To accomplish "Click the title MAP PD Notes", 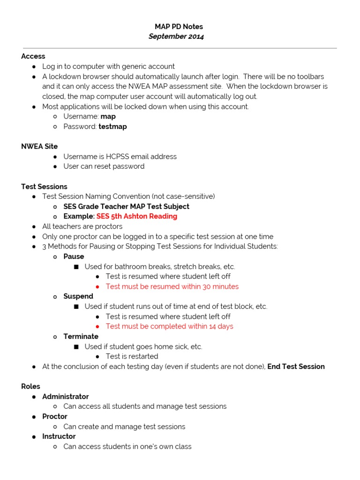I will pos(179,27).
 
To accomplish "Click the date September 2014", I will pos(176,37).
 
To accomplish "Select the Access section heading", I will pos(33,56).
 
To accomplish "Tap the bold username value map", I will pos(108,116).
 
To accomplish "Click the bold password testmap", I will pos(112,127).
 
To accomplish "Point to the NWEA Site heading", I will pos(39,146).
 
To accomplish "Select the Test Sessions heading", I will pos(44,187).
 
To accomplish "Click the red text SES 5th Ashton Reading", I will pos(137,217).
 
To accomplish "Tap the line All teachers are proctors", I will pos(82,226).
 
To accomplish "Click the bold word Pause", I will pos(74,256).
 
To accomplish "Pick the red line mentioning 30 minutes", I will pos(172,286).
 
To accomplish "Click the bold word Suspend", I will pos(78,296).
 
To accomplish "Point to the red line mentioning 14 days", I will pos(169,326).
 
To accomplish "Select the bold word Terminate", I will pos(81,337).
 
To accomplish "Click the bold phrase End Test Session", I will pos(296,367).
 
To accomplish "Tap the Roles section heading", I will pos(30,386).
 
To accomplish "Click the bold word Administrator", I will pos(66,397).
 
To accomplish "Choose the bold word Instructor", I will pos(59,436).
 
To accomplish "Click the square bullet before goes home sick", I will pos(76,347).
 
